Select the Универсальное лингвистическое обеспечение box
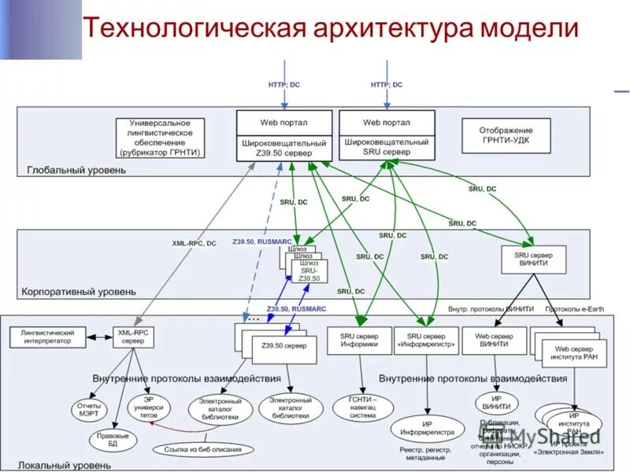(x=161, y=137)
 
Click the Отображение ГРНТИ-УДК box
(x=506, y=135)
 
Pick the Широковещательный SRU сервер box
(x=386, y=147)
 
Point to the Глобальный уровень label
(x=76, y=170)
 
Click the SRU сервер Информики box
(x=358, y=340)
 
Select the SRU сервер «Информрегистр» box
(x=424, y=340)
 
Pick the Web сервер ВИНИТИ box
(x=494, y=340)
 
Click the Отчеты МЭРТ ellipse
(x=87, y=410)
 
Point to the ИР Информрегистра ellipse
(x=427, y=430)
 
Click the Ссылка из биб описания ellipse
(x=209, y=450)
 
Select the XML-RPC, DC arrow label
(x=194, y=243)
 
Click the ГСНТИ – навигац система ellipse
(x=363, y=406)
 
